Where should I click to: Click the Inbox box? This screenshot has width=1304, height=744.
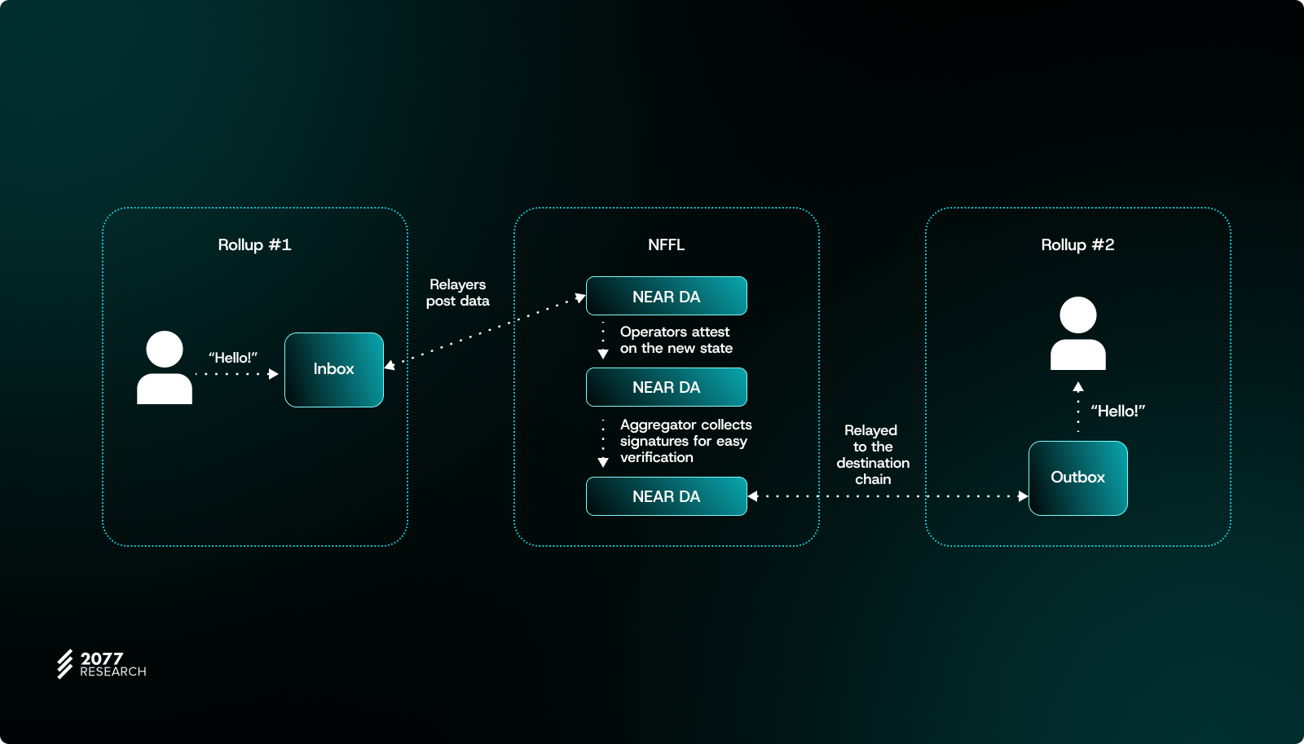(x=334, y=370)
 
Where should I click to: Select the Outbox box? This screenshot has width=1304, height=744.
(x=1077, y=478)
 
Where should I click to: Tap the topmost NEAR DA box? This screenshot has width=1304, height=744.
(x=666, y=297)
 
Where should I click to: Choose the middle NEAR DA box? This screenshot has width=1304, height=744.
(x=666, y=387)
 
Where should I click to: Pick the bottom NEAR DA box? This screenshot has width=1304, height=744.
(x=666, y=496)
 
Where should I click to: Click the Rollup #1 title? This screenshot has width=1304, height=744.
(x=254, y=245)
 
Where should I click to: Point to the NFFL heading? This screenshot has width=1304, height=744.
(x=666, y=245)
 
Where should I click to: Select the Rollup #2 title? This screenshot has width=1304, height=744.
(x=1077, y=245)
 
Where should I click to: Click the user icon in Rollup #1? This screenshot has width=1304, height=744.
(x=165, y=368)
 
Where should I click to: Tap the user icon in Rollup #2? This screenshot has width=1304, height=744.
(x=1077, y=333)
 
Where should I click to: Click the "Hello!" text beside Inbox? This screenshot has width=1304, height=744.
(x=233, y=358)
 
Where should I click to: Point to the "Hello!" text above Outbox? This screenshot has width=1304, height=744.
(x=1117, y=412)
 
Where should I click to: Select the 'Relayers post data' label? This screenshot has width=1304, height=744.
(x=458, y=293)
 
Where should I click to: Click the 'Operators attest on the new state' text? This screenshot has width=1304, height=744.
(x=676, y=340)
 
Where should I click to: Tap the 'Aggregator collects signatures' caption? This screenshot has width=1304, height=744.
(x=685, y=441)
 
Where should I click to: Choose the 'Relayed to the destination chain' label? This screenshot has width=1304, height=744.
(x=873, y=455)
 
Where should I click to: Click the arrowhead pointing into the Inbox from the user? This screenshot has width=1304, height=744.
(x=274, y=374)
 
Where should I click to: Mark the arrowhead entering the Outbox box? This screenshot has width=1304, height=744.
(x=1023, y=496)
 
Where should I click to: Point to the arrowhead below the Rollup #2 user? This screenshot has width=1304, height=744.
(x=1078, y=387)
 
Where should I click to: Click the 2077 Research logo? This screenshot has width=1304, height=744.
(x=101, y=664)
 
